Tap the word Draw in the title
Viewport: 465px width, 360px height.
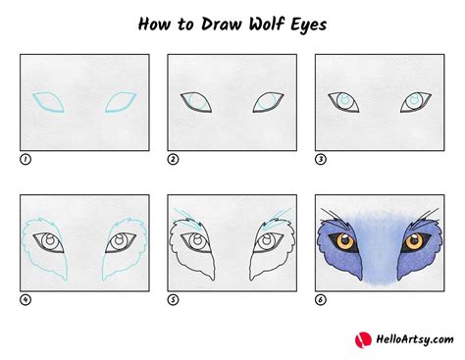click(197, 24)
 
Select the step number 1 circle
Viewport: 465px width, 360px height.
click(26, 158)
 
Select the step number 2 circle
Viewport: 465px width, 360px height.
click(173, 158)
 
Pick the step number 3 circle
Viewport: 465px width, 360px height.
click(320, 158)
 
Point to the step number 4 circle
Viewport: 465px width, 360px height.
click(26, 300)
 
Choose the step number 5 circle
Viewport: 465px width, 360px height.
click(173, 300)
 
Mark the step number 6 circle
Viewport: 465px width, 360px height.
click(320, 300)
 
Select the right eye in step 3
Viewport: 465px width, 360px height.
click(416, 101)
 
